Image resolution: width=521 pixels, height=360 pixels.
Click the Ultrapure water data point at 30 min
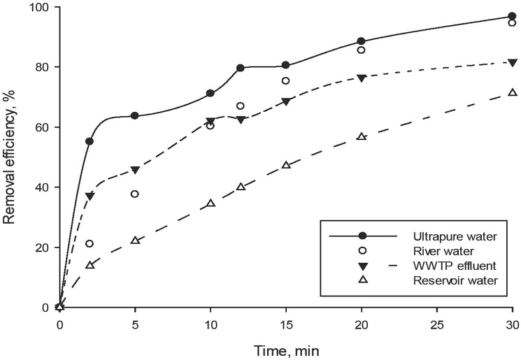tap(513, 17)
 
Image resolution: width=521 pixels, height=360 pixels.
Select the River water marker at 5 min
tap(135, 194)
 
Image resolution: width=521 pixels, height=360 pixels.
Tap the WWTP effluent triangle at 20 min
tap(362, 78)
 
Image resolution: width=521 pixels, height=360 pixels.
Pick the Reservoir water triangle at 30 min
tap(513, 93)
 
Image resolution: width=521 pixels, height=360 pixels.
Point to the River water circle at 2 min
tap(90, 243)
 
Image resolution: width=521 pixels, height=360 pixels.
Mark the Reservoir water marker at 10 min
tap(210, 203)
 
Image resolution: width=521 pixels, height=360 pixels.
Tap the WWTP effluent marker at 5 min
tap(135, 170)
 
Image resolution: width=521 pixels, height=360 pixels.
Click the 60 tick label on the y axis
tap(43, 127)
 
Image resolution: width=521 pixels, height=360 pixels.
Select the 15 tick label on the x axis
tap(286, 324)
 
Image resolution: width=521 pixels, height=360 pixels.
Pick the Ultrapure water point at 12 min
tap(241, 68)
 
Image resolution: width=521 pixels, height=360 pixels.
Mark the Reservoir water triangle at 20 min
tap(362, 136)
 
